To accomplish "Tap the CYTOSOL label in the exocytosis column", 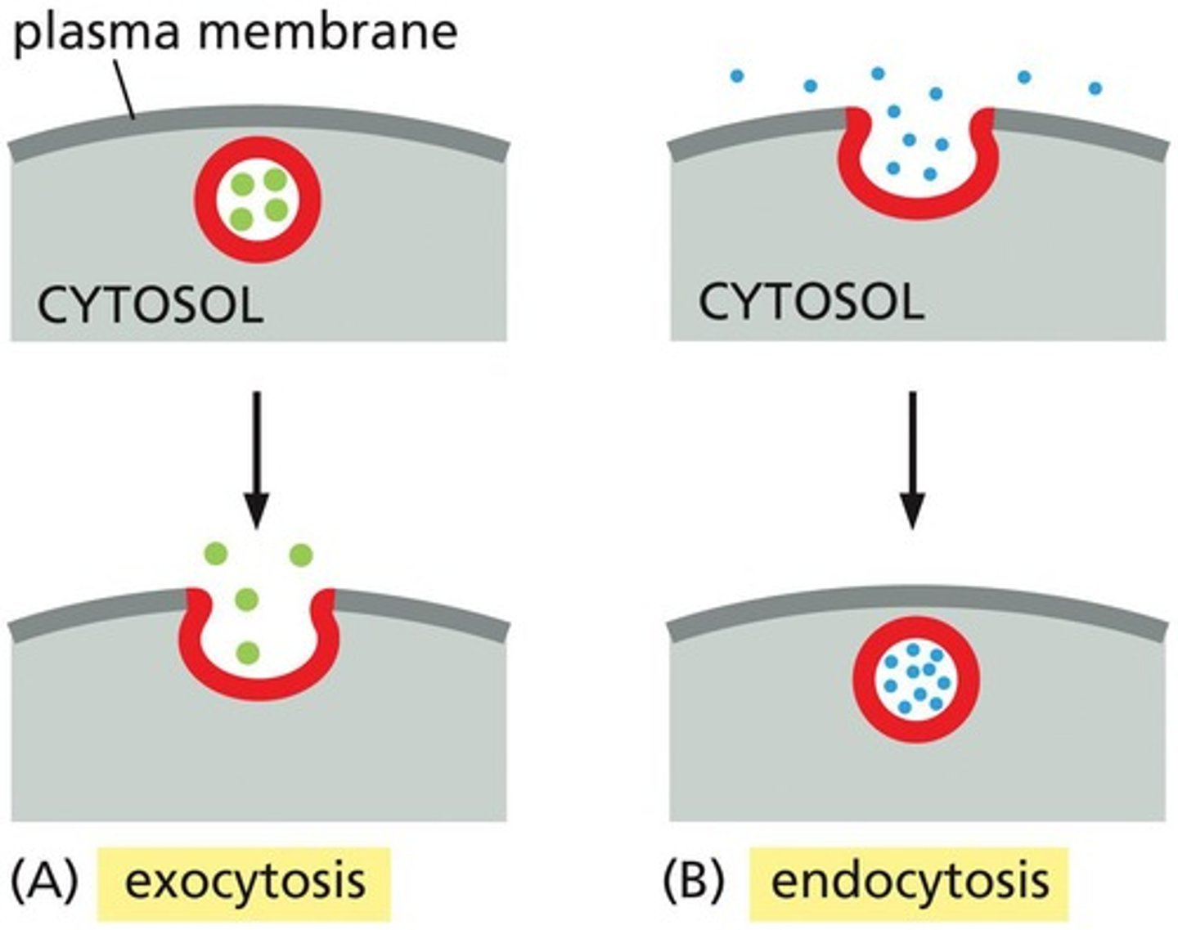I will pos(151,308).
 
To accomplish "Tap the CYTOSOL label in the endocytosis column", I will pos(811,303).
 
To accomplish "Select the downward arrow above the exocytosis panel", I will pos(256,458).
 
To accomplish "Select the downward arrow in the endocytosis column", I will pos(912,458).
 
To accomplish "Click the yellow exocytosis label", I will pos(245,883).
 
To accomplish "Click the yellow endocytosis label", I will pos(909,883).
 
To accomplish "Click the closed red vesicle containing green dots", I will pos(258,200).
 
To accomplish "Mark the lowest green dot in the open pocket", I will pos(247,653).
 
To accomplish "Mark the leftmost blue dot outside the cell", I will pos(736,77).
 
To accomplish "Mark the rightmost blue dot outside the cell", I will pos(1095,88).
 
